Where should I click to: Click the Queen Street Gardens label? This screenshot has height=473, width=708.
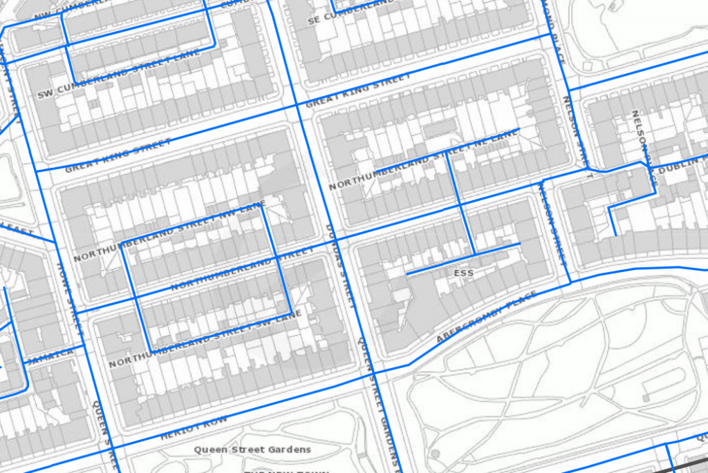(252, 450)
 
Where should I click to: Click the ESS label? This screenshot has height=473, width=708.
(463, 273)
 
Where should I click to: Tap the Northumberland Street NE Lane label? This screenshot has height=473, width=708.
(423, 160)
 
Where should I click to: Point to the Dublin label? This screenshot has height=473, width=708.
(680, 166)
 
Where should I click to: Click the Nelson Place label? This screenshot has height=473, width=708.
(641, 139)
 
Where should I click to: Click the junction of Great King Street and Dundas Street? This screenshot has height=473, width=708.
(298, 105)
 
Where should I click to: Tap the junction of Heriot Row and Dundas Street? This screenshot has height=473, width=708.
(366, 373)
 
